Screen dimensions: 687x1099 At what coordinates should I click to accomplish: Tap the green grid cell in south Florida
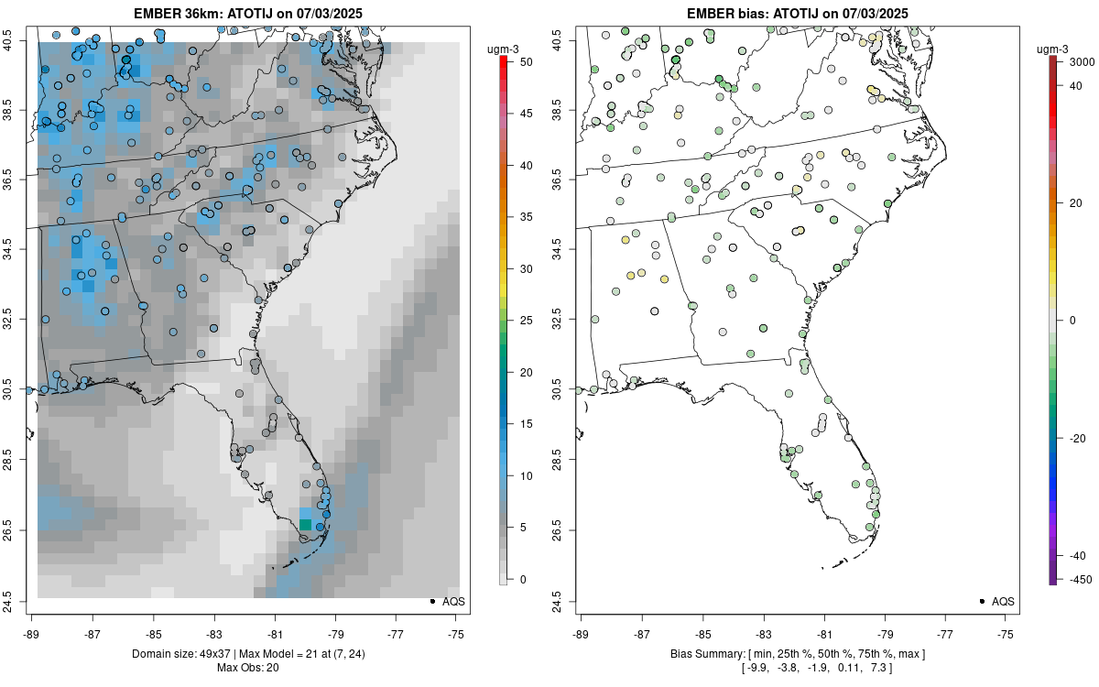tap(305, 524)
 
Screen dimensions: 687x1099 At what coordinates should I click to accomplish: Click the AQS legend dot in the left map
tap(431, 602)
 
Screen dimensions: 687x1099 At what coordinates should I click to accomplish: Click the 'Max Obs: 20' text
tap(248, 667)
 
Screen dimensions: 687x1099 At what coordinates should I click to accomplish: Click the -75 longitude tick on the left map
tap(457, 633)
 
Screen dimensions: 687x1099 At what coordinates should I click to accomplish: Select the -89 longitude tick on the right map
tap(582, 633)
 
